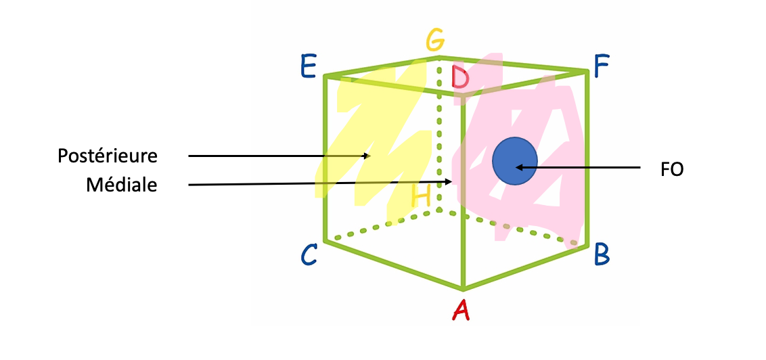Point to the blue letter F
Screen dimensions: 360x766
click(x=601, y=66)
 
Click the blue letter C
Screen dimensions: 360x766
click(x=309, y=255)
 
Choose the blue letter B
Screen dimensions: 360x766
click(x=602, y=255)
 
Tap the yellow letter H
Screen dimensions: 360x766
click(x=421, y=197)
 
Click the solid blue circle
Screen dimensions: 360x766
click(x=514, y=160)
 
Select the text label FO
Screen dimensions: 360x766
click(x=672, y=169)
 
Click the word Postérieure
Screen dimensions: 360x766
click(x=107, y=156)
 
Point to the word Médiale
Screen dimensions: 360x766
click(x=122, y=185)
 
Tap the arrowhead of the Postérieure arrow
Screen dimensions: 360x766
click(x=367, y=156)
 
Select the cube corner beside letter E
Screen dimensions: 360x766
click(x=325, y=75)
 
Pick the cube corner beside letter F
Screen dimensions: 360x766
click(x=586, y=71)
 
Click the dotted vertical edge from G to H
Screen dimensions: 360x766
click(x=439, y=135)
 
